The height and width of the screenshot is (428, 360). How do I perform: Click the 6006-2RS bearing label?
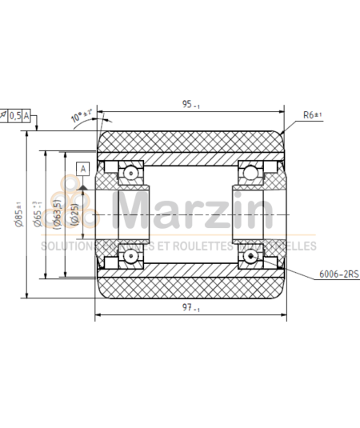339,274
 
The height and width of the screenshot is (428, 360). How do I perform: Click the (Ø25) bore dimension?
74,214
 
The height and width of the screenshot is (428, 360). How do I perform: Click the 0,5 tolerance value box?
15,116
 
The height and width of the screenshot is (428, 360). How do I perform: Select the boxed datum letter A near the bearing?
82,168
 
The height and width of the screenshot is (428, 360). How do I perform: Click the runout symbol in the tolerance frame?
4,116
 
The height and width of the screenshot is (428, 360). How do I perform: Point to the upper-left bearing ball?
128,172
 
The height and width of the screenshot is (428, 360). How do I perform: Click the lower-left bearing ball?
128,256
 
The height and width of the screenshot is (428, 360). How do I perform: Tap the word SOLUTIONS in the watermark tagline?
67,246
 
